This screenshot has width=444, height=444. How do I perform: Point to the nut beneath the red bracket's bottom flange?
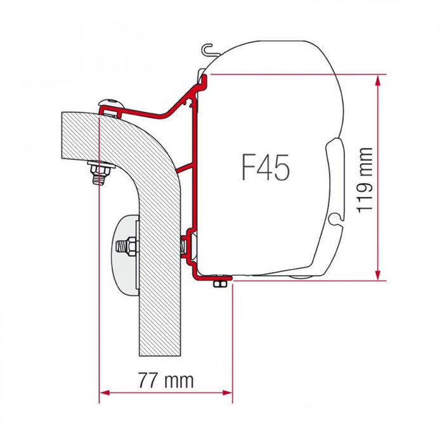click(219, 282)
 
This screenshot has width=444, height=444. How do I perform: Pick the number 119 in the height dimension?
click(365, 193)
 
